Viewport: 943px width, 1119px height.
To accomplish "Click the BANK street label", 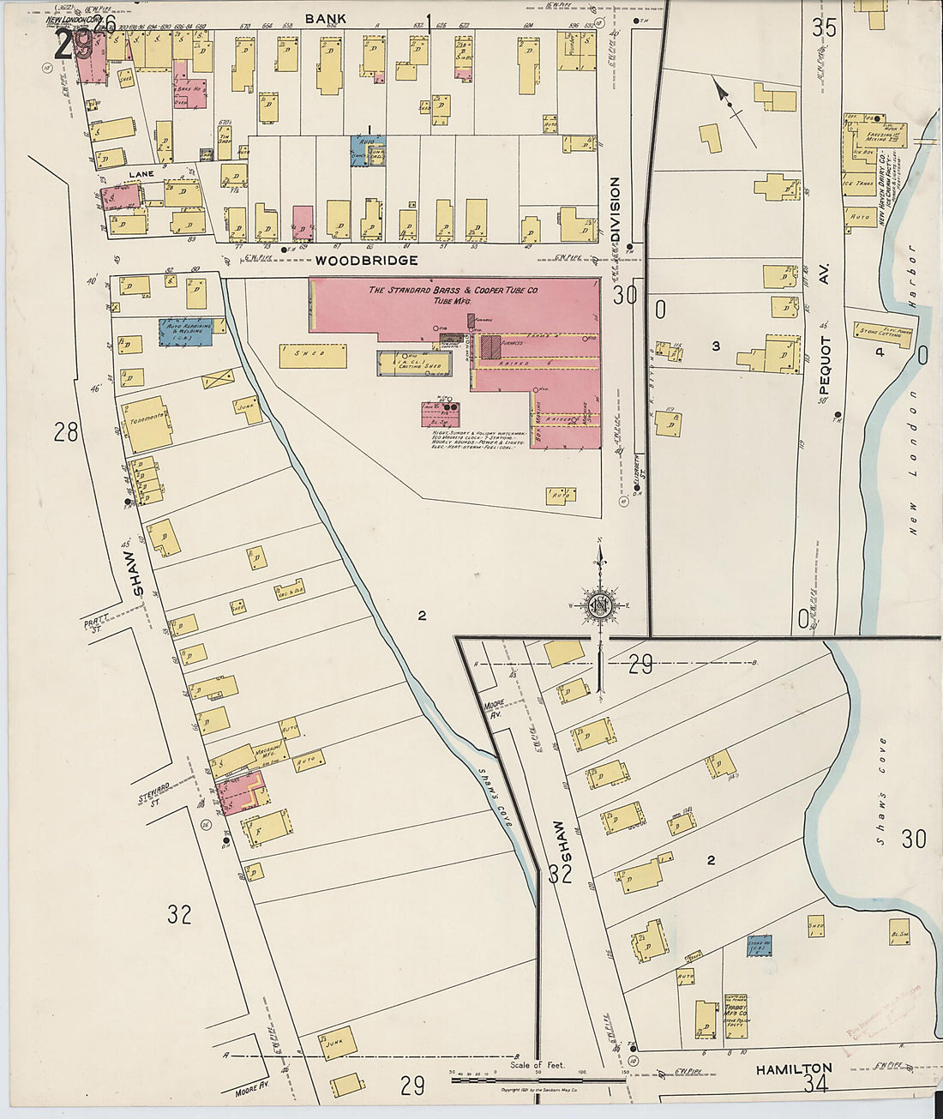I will pos(326,18).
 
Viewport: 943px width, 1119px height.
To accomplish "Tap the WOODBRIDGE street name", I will pos(366,260).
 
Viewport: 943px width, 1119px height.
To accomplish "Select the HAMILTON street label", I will pos(793,1068).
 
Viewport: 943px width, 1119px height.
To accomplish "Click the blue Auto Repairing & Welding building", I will pos(185,332).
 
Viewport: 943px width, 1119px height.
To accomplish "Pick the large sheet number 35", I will pos(824,27).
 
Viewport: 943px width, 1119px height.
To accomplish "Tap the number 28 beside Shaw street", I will pos(66,432).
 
